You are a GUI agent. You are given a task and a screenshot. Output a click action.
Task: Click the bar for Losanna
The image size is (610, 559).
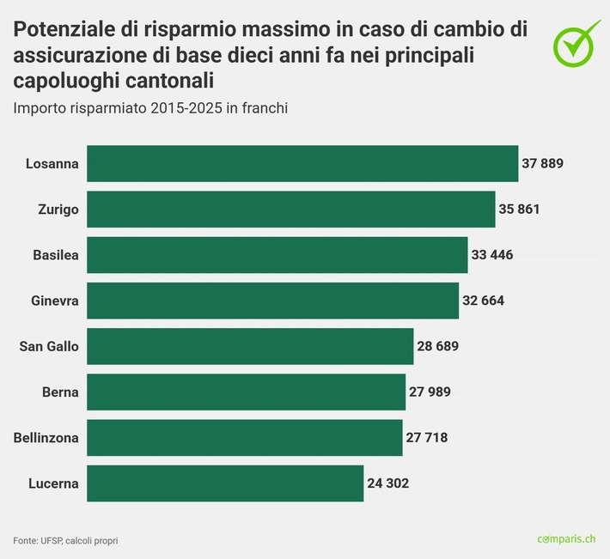(302, 163)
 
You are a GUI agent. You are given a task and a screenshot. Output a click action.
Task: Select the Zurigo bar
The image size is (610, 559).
(291, 209)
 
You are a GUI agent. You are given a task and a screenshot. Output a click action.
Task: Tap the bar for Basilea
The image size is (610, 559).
(278, 255)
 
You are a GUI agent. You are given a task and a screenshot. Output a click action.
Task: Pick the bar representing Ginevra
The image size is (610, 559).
(273, 301)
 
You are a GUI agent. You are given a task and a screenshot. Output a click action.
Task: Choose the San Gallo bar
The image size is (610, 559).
(250, 346)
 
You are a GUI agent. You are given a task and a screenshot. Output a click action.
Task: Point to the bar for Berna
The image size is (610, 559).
(247, 392)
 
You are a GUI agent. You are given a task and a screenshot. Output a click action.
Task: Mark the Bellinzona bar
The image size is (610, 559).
(245, 437)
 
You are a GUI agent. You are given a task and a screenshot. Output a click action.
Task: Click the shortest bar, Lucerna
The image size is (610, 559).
(225, 483)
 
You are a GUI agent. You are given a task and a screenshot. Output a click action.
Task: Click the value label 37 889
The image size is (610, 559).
(542, 163)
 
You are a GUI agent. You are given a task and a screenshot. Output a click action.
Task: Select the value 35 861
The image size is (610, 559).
(519, 209)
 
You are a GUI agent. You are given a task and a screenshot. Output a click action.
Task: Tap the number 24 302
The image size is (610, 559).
(387, 483)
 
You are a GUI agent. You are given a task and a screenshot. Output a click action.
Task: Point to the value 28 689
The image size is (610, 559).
(437, 346)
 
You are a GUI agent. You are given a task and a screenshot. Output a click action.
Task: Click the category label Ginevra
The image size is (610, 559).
(54, 301)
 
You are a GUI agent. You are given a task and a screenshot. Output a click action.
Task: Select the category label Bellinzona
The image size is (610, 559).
(46, 437)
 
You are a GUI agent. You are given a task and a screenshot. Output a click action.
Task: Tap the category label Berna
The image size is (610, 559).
(60, 392)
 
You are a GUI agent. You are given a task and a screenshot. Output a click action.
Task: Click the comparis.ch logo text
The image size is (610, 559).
(566, 538)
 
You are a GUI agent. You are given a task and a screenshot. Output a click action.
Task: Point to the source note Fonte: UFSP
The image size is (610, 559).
(65, 540)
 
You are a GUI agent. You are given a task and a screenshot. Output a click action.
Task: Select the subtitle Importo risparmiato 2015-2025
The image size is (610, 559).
(149, 108)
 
